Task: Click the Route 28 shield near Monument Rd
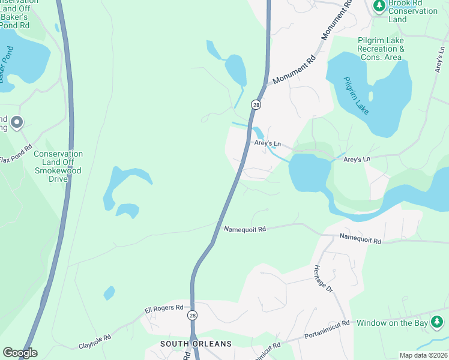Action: click(x=256, y=105)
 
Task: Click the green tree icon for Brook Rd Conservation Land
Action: click(x=379, y=6)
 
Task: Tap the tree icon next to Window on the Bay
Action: click(x=438, y=323)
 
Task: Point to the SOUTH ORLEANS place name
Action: click(x=196, y=344)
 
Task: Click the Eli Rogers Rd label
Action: click(x=163, y=308)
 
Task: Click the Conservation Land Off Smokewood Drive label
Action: click(x=58, y=166)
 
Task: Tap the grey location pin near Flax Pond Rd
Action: click(x=16, y=123)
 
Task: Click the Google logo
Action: click(x=20, y=353)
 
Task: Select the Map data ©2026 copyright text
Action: click(x=423, y=355)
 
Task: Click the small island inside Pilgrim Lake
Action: click(x=371, y=95)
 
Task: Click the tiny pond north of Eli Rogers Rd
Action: click(x=109, y=293)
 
